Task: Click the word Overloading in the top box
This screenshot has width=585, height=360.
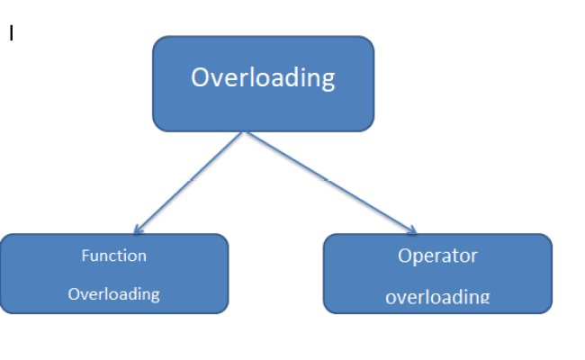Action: (262, 77)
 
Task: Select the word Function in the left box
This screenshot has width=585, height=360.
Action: (113, 256)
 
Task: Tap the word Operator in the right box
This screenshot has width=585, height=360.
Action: (437, 256)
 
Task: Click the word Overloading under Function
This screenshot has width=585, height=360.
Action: (113, 293)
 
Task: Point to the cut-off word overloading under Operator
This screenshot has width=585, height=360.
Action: (437, 296)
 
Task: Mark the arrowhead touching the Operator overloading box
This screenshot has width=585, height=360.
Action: (413, 230)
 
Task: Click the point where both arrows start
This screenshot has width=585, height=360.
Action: (245, 132)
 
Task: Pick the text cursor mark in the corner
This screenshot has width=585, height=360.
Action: (12, 34)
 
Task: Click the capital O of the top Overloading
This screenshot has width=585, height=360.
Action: (201, 77)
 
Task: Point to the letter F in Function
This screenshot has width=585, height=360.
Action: (85, 256)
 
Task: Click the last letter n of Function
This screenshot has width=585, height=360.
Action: (142, 256)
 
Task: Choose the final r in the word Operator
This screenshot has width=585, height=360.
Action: (474, 256)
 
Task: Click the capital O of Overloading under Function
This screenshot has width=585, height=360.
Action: (74, 293)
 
